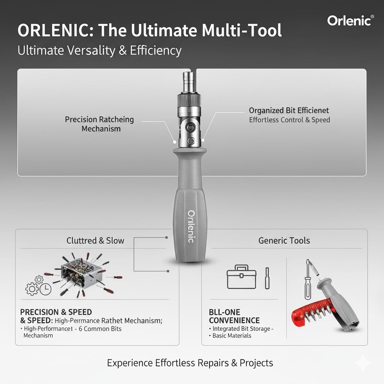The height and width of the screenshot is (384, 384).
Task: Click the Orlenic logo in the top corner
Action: click(351, 21)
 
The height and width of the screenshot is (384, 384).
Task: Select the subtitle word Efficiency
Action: click(156, 51)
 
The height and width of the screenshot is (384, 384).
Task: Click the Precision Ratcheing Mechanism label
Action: click(99, 124)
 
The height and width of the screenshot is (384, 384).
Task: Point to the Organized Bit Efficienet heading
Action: click(289, 111)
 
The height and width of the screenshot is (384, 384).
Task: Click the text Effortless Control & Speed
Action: click(289, 120)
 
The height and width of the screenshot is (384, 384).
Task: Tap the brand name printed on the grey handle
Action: click(191, 226)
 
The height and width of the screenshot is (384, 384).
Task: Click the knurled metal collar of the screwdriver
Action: click(189, 100)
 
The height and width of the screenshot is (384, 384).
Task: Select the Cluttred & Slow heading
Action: click(95, 240)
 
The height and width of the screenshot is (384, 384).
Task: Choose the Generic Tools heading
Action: click(284, 240)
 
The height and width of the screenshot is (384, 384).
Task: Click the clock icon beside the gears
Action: click(45, 289)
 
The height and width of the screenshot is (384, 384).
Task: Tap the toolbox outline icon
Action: click(241, 277)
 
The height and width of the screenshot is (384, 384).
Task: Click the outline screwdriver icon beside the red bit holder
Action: click(309, 279)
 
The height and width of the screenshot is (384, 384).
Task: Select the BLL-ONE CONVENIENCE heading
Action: click(234, 316)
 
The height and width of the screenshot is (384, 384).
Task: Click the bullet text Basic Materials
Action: click(232, 336)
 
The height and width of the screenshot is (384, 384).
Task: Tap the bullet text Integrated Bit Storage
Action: click(241, 328)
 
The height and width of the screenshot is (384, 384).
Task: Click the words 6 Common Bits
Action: click(100, 328)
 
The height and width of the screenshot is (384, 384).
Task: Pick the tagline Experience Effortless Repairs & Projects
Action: click(190, 363)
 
